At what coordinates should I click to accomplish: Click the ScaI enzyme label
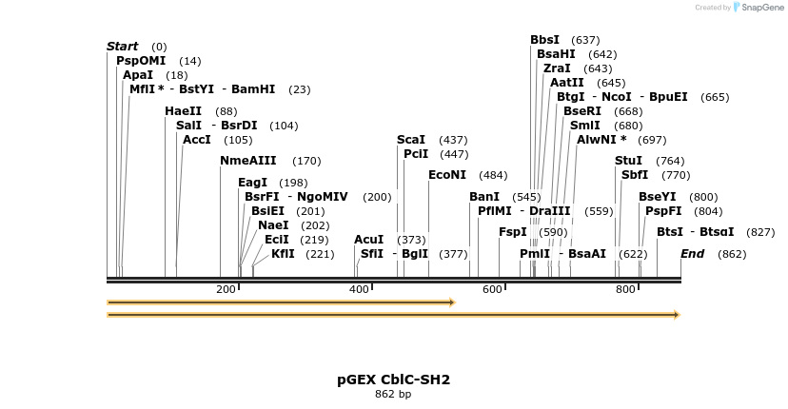point(410,140)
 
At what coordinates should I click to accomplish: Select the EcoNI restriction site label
point(446,175)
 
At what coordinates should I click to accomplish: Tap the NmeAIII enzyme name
point(247,161)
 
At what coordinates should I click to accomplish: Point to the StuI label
point(628,161)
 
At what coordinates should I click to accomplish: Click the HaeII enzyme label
point(183,111)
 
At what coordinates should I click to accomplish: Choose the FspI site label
point(513,232)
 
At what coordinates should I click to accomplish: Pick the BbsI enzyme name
point(544,40)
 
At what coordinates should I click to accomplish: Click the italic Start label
point(122,47)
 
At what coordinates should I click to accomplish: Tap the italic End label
point(692,254)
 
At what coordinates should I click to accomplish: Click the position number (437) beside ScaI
point(453,140)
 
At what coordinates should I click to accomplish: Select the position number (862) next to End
point(732,254)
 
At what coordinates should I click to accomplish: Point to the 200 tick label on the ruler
point(226,289)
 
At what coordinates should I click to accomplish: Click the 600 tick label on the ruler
point(492,289)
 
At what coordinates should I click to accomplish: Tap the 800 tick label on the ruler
point(625,289)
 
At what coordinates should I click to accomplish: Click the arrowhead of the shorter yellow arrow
point(452,302)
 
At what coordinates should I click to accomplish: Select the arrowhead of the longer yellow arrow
point(677,315)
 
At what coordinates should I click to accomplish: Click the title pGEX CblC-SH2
point(393,380)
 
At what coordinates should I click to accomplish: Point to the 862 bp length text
point(393,395)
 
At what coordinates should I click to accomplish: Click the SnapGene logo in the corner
point(758,7)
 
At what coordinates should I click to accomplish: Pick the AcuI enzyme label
point(368,240)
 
